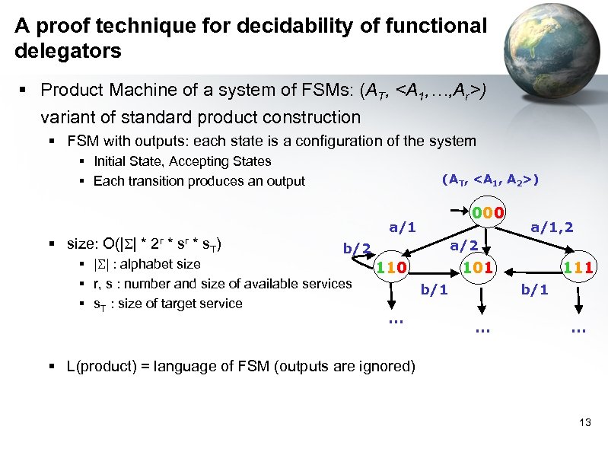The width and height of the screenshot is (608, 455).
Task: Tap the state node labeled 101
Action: pyautogui.click(x=480, y=268)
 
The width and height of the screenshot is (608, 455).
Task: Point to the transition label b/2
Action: pyautogui.click(x=356, y=247)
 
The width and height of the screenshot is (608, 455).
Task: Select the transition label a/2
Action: pyautogui.click(x=463, y=245)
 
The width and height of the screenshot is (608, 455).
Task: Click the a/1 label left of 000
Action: pyautogui.click(x=403, y=226)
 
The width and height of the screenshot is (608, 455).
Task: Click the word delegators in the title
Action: pyautogui.click(x=68, y=52)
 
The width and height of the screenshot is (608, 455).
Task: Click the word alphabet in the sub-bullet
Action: pyautogui.click(x=145, y=264)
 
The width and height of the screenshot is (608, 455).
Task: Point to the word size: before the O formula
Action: pyautogui.click(x=82, y=244)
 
